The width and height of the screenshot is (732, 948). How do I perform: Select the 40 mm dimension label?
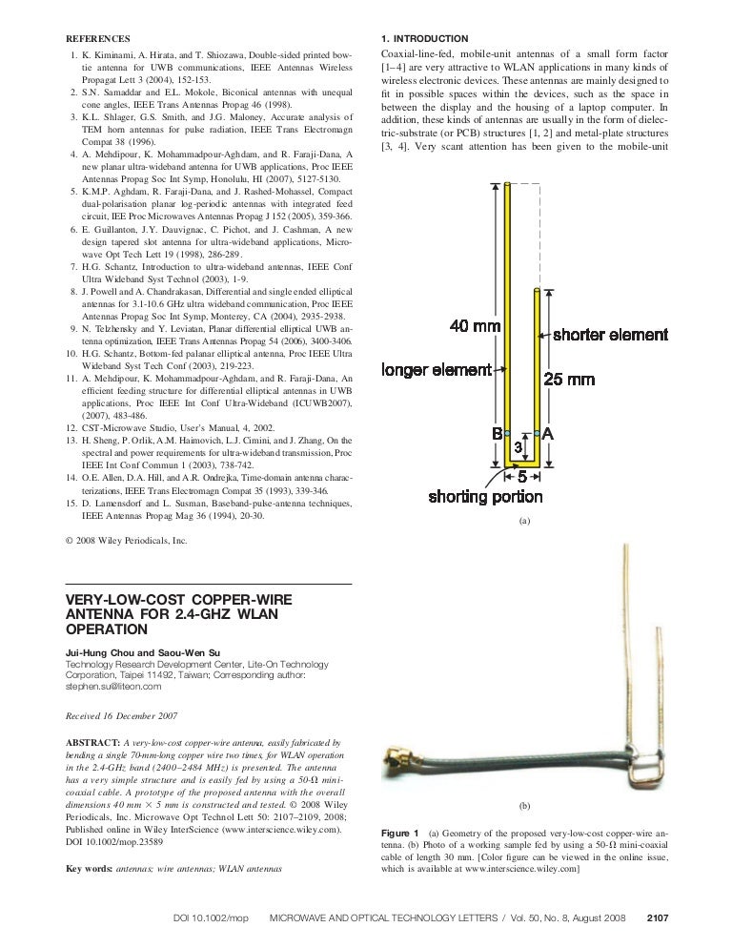click(x=475, y=326)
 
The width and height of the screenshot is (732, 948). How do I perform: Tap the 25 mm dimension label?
click(x=569, y=380)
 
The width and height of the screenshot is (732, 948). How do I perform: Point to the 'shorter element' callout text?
click(x=610, y=335)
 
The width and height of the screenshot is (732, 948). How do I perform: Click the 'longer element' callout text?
click(x=437, y=370)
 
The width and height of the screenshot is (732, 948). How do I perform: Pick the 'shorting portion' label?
click(x=485, y=496)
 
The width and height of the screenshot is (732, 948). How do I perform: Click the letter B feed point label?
click(x=497, y=434)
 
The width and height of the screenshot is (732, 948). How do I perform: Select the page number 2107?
click(x=658, y=917)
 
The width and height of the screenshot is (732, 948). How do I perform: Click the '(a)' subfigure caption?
click(x=522, y=522)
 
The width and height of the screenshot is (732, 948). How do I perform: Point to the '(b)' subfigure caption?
click(x=523, y=806)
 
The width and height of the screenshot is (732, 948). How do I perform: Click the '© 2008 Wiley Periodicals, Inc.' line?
click(x=126, y=542)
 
